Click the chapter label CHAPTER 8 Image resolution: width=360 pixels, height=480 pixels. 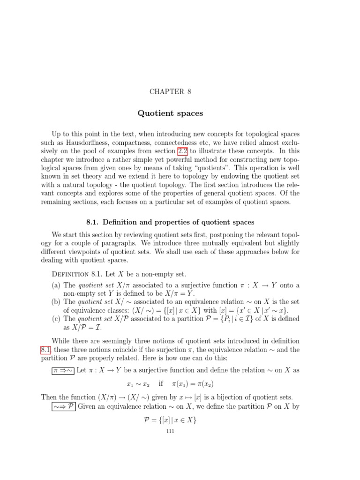(x=170, y=91)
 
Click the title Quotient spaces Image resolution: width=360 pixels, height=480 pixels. (x=170, y=113)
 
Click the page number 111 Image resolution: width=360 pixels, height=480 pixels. (x=170, y=431)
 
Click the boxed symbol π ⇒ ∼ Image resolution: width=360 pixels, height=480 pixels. (x=63, y=370)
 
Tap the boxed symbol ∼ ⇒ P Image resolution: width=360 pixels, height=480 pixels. (x=63, y=406)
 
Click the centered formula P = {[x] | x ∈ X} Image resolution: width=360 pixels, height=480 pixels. (x=170, y=420)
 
